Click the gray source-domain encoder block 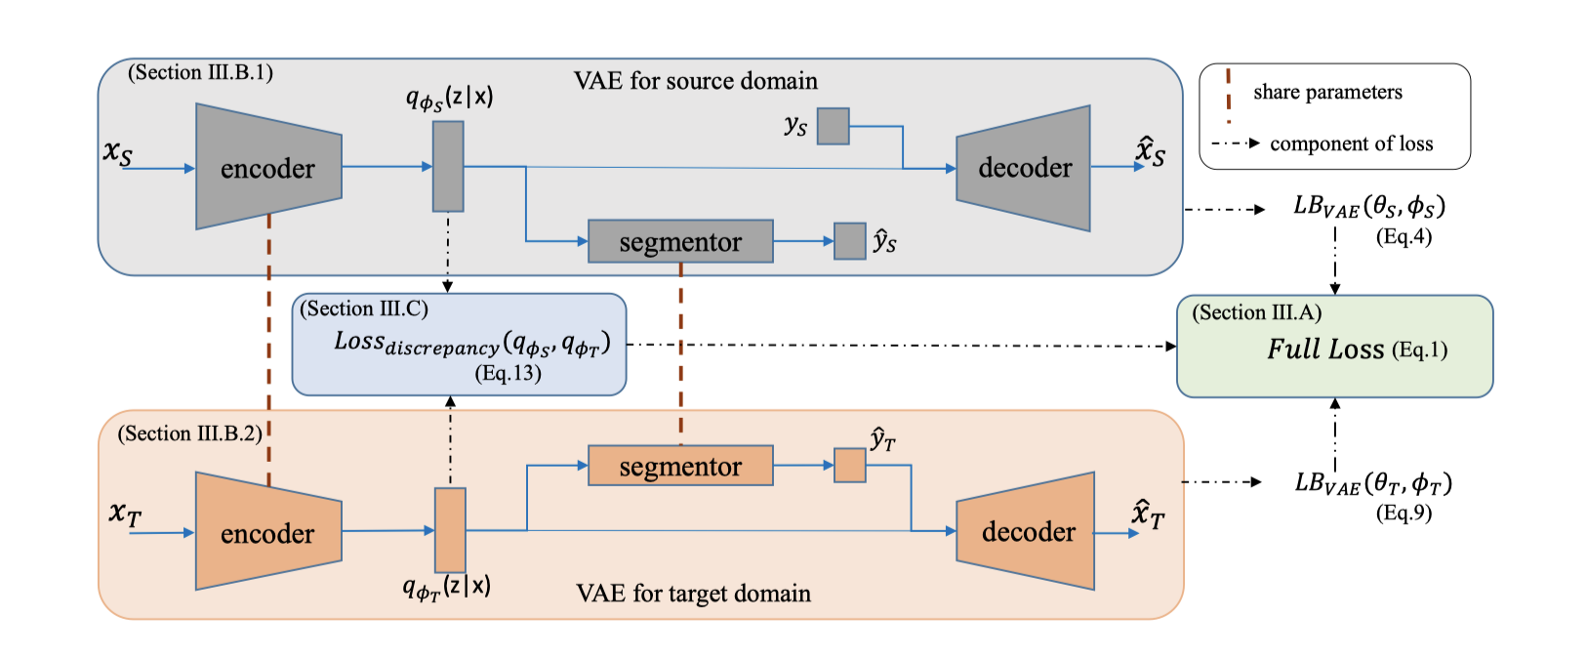pyautogui.click(x=268, y=168)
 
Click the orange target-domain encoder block pyautogui.click(x=268, y=532)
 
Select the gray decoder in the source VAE pyautogui.click(x=1024, y=168)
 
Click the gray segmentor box pyautogui.click(x=680, y=241)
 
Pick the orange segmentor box pyautogui.click(x=680, y=467)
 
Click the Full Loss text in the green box pyautogui.click(x=1325, y=350)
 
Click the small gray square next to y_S pyautogui.click(x=833, y=126)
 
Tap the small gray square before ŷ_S pyautogui.click(x=849, y=241)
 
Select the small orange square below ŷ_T pyautogui.click(x=849, y=466)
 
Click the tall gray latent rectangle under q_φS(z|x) pyautogui.click(x=448, y=166)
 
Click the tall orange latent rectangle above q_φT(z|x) pyautogui.click(x=450, y=530)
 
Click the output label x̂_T pyautogui.click(x=1148, y=515)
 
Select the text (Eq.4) pyautogui.click(x=1404, y=236)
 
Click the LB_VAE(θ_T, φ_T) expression pyautogui.click(x=1372, y=482)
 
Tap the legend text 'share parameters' pyautogui.click(x=1327, y=92)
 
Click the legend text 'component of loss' pyautogui.click(x=1351, y=144)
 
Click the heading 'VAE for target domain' pyautogui.click(x=693, y=594)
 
